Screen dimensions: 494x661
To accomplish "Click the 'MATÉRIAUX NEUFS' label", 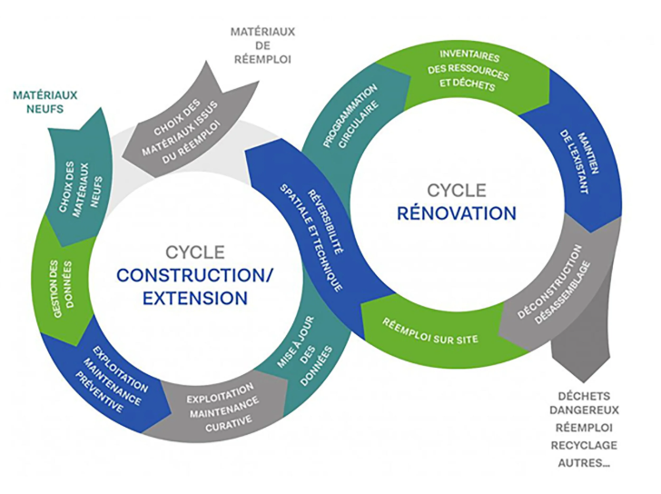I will click(x=45, y=101).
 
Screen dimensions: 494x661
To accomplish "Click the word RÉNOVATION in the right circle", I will click(x=457, y=213).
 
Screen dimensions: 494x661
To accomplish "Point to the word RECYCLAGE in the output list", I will click(x=583, y=445).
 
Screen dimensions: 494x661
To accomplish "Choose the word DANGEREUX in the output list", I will click(x=583, y=410).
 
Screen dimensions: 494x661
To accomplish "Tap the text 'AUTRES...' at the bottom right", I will click(x=583, y=462).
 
